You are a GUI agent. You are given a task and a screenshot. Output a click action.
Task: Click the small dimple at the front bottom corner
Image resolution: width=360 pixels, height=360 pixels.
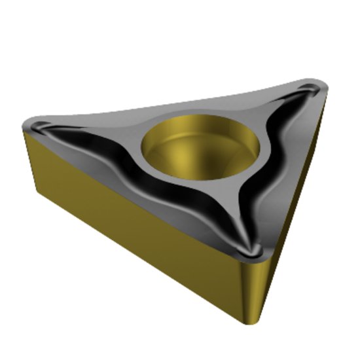pyautogui.click(x=250, y=249)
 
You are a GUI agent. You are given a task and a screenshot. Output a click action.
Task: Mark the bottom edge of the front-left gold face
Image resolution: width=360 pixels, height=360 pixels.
pyautogui.click(x=131, y=265)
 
